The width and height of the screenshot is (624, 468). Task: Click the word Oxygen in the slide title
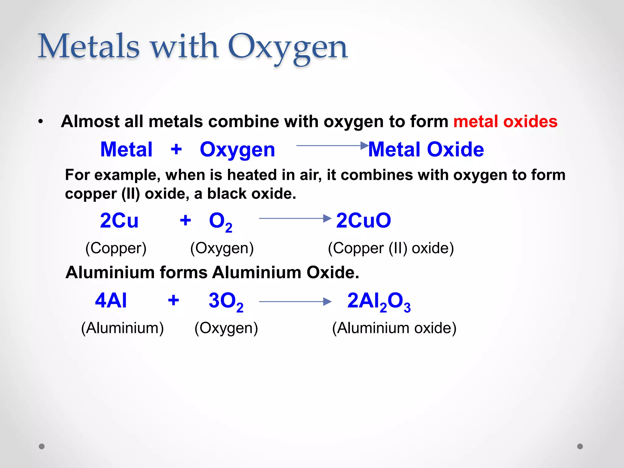coord(288,47)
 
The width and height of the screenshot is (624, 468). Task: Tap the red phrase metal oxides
coord(505,121)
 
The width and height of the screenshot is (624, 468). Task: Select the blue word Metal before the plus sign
coord(126,150)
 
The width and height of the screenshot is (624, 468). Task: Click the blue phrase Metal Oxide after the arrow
coord(426,150)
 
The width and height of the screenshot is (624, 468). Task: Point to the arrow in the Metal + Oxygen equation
coord(332,146)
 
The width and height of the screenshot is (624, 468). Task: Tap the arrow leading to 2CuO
coord(295,218)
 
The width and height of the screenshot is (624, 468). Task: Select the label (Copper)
coord(116,248)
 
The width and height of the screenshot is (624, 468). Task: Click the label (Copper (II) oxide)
coord(391,248)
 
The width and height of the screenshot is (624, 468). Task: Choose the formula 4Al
coord(111,300)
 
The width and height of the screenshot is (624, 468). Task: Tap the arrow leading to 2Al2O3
coord(295,302)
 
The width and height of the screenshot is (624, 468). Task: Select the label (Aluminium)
coord(122,328)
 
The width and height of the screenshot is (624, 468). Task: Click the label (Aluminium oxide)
coord(394,328)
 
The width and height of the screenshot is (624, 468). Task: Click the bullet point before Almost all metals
coord(41,122)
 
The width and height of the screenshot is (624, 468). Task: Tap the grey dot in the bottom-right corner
coord(580,446)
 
